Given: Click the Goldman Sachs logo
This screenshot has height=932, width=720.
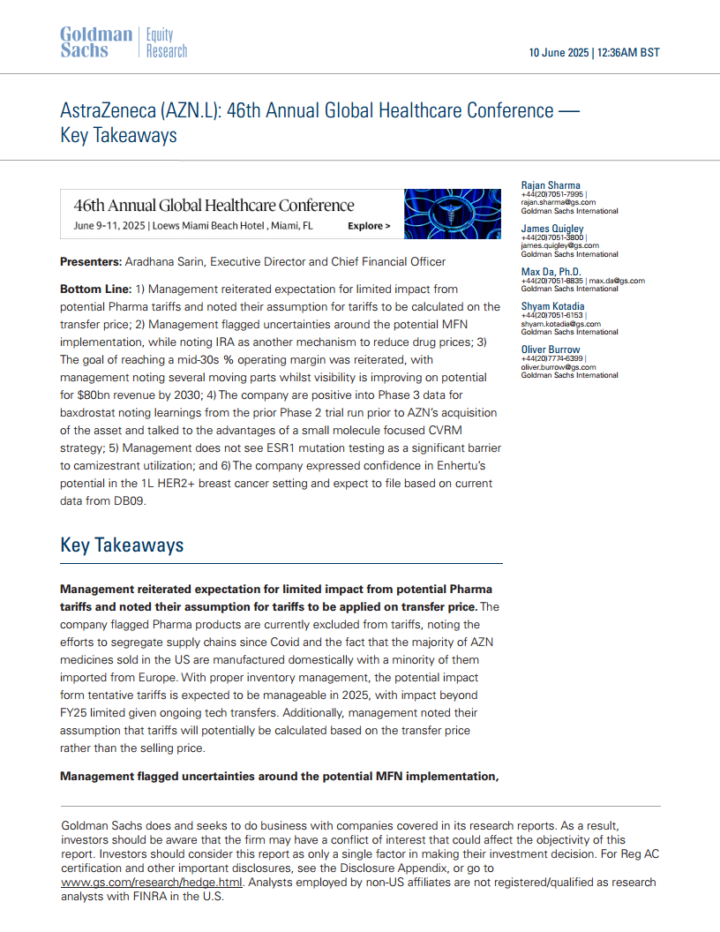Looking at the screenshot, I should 95,42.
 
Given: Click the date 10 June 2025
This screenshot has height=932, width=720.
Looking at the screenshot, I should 559,52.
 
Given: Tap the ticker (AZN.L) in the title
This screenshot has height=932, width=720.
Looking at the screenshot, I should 193,111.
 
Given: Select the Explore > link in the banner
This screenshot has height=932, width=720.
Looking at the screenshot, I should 369,226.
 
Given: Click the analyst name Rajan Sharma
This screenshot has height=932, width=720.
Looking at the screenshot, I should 551,185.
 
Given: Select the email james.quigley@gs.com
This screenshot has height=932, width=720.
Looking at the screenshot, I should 559,246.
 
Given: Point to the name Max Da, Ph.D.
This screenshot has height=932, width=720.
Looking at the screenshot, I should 551,271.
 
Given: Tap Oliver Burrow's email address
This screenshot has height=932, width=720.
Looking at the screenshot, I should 559,367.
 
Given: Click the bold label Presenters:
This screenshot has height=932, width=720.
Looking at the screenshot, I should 90,262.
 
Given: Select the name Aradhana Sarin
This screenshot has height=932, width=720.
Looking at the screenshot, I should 163,262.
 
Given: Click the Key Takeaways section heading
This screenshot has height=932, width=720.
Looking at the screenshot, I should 122,545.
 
